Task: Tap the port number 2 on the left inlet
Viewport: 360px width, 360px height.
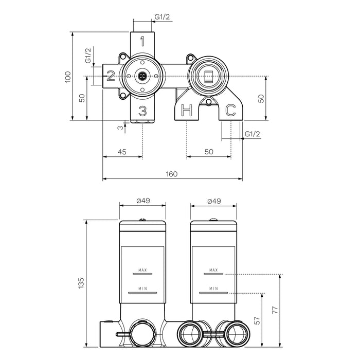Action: [111, 77]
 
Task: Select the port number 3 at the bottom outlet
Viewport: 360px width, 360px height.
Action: [143, 110]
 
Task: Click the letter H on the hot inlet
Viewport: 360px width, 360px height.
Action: [187, 110]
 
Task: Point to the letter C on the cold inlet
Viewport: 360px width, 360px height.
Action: [231, 110]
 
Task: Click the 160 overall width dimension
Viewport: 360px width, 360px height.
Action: [172, 174]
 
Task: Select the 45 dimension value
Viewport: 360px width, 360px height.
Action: [122, 151]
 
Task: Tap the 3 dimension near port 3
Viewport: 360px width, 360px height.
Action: [119, 127]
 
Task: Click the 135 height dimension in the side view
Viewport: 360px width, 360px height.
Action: [81, 282]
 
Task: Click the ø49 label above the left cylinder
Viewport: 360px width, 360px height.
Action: [142, 201]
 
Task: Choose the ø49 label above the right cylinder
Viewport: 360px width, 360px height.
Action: [214, 201]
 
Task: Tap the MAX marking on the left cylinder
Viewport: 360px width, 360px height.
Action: [142, 270]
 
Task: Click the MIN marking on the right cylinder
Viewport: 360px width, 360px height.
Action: [214, 289]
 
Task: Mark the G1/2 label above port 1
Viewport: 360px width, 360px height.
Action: [163, 17]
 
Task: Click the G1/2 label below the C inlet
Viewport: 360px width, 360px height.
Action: [253, 134]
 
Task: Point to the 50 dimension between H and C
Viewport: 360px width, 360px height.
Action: [209, 151]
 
